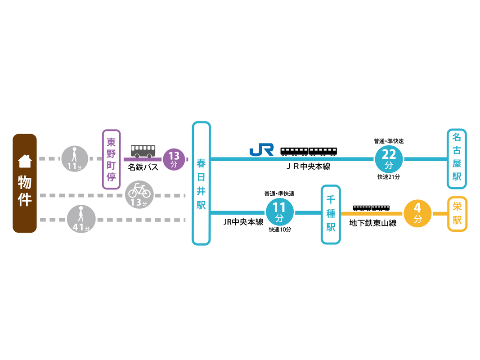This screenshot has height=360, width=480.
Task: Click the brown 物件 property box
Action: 24,183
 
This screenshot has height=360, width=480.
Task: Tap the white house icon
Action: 25,161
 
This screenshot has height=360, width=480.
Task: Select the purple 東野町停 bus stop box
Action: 111,159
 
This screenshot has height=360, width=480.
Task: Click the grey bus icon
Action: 143,151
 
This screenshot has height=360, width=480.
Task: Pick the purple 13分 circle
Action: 174,159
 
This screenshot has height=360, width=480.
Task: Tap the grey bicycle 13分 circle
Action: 140,194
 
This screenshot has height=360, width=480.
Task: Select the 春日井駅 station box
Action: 201,183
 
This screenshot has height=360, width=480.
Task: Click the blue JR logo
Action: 261,150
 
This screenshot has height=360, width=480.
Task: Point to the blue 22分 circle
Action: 389,158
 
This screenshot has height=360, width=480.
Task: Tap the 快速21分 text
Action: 389,177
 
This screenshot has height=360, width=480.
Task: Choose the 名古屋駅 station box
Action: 457,159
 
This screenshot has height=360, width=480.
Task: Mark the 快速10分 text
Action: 280,229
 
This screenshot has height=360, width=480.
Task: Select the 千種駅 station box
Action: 331,214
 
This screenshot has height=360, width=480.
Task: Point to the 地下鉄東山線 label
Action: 373,223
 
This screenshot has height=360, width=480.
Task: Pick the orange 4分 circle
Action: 417,213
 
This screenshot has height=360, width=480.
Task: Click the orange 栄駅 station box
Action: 457,214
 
